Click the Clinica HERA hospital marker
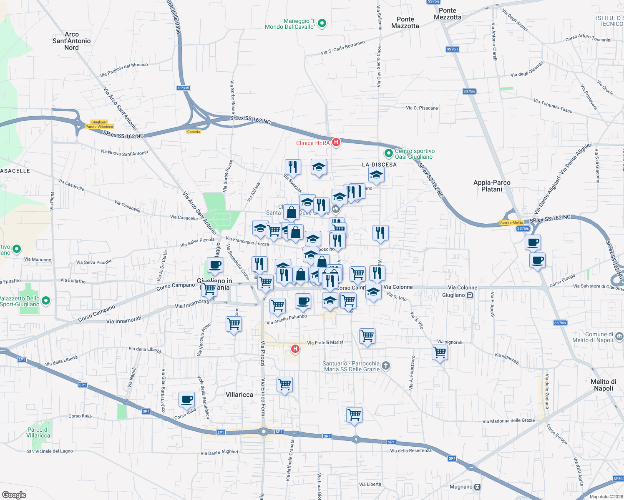pyautogui.click(x=336, y=142)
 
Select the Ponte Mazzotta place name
pyautogui.click(x=405, y=22)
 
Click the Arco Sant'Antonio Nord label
pyautogui.click(x=71, y=41)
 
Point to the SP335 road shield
pyautogui.click(x=184, y=88)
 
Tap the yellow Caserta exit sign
pyautogui.click(x=194, y=132)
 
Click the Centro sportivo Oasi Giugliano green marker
pyautogui.click(x=389, y=154)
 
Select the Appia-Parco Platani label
pyautogui.click(x=492, y=186)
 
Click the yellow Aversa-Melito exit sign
pyautogui.click(x=512, y=222)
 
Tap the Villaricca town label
pyautogui.click(x=239, y=395)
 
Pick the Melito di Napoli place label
pyautogui.click(x=603, y=385)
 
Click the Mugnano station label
pyautogui.click(x=461, y=487)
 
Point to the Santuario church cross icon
pyautogui.click(x=386, y=366)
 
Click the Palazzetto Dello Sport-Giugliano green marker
pyautogui.click(x=46, y=300)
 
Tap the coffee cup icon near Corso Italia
pyautogui.click(x=186, y=400)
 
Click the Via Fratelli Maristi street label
pyautogui.click(x=326, y=342)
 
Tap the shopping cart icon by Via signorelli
pyautogui.click(x=440, y=353)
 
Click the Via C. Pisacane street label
pyautogui.click(x=422, y=108)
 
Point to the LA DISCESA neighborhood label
pyautogui.click(x=379, y=165)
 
